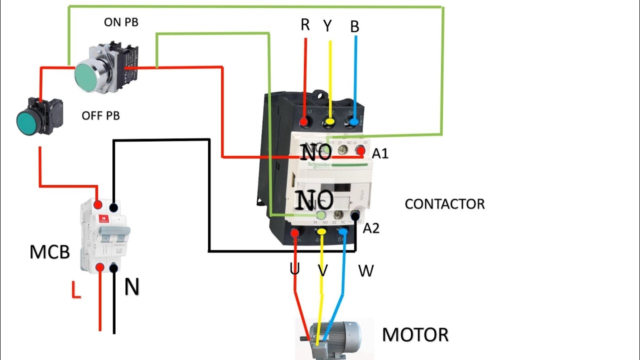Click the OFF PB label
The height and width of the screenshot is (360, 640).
(100, 116)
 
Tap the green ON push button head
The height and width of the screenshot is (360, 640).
(89, 75)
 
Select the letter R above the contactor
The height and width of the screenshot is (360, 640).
(305, 25)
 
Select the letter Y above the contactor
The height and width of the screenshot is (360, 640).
(327, 26)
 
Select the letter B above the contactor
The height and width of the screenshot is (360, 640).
(354, 27)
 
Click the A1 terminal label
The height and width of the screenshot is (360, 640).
(380, 153)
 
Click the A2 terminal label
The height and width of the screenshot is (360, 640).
(371, 228)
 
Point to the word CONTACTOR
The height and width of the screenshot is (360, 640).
(444, 204)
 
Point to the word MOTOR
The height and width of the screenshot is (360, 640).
(415, 334)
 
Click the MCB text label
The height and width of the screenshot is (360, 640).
(49, 252)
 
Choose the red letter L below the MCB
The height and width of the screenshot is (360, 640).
(75, 290)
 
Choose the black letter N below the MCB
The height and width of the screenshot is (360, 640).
(131, 287)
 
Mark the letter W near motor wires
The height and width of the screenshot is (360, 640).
(366, 271)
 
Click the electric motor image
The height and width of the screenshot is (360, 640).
(332, 337)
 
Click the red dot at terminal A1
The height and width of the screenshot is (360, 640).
(359, 150)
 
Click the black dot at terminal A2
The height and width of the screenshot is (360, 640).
(356, 215)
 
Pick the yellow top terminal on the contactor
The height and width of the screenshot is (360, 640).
(329, 122)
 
